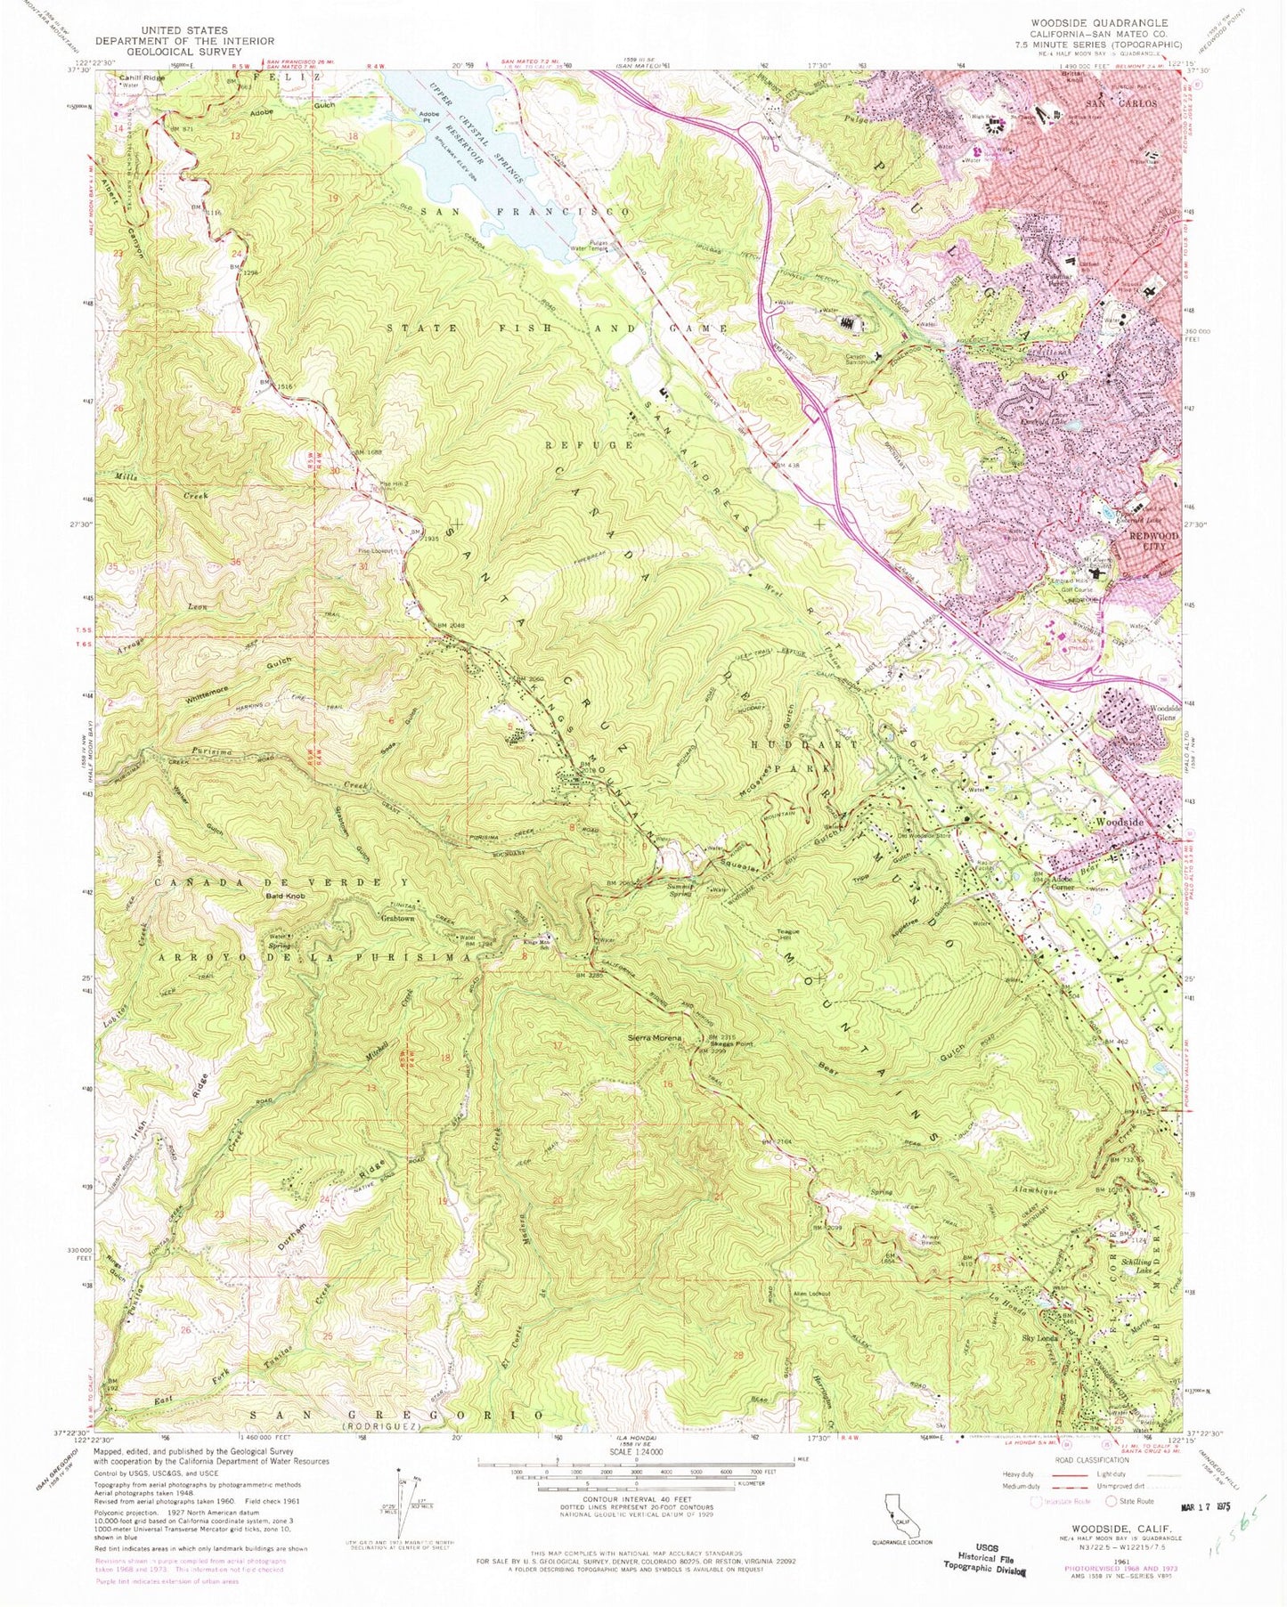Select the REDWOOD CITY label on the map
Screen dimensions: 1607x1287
pos(1147,540)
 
